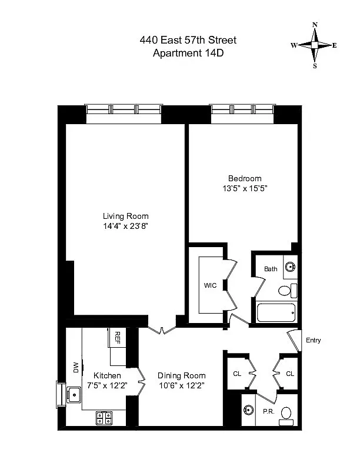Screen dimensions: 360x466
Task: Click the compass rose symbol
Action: point(315,45)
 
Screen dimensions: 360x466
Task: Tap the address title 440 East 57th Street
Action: point(188,40)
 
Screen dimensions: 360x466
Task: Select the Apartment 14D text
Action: point(188,53)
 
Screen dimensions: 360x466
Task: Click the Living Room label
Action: point(126,216)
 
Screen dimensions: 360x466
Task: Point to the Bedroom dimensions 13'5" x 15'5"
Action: point(245,189)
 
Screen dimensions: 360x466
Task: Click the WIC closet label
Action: point(211,285)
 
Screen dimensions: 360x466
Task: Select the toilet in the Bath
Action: point(286,291)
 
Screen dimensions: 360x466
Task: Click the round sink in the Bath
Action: point(290,267)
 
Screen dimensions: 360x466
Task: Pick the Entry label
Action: point(313,341)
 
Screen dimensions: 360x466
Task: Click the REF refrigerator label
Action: point(117,337)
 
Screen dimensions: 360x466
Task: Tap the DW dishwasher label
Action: point(76,367)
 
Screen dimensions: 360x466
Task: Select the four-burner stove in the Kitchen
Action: point(105,418)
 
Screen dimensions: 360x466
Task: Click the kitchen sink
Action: point(74,395)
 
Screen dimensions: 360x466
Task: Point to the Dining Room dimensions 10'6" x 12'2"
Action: point(182,385)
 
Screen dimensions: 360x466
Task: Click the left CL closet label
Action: point(238,374)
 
